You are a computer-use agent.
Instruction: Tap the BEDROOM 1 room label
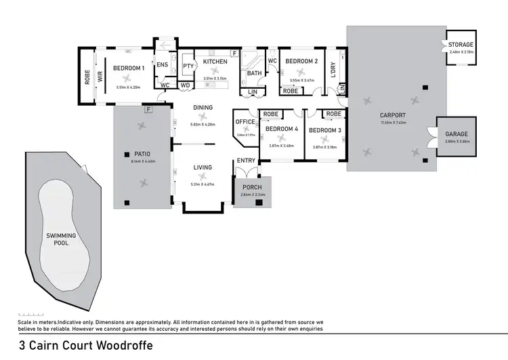[x=129, y=68]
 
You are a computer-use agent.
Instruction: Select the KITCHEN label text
[x=216, y=62]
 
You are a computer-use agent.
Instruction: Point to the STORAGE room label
[x=461, y=44]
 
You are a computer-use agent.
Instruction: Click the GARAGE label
[x=456, y=134]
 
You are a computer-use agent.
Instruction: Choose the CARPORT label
[x=393, y=115]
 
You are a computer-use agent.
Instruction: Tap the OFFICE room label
[x=245, y=121]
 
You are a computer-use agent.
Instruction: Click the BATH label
[x=255, y=73]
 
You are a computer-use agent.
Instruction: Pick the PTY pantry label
[x=188, y=66]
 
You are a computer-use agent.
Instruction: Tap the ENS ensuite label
[x=163, y=64]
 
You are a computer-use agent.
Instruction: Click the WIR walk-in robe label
[x=100, y=78]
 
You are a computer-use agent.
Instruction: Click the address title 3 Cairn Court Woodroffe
[x=86, y=344]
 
